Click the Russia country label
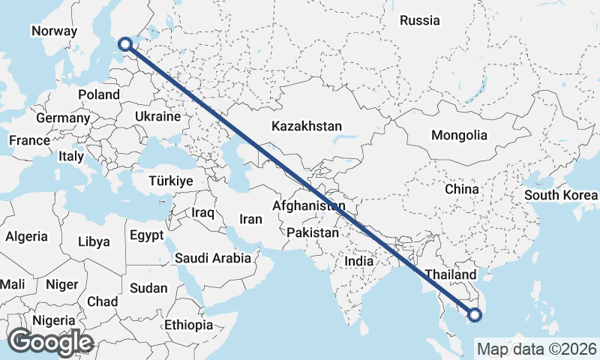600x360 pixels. [x=419, y=21]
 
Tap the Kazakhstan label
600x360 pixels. [x=307, y=126]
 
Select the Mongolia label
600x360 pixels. [x=459, y=136]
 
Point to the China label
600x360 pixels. [x=461, y=189]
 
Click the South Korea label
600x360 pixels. [x=561, y=196]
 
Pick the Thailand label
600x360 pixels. [x=450, y=275]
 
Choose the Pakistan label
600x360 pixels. [x=313, y=233]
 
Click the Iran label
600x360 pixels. [x=250, y=220]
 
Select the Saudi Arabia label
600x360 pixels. [x=212, y=258]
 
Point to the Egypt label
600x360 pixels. [x=146, y=235]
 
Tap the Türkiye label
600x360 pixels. [x=171, y=181]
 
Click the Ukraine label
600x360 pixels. [x=157, y=117]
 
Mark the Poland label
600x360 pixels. [x=98, y=95]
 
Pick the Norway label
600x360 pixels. [x=54, y=31]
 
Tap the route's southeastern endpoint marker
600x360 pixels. [x=474, y=315]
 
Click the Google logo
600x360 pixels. [x=49, y=342]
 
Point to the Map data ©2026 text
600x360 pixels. [x=537, y=349]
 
